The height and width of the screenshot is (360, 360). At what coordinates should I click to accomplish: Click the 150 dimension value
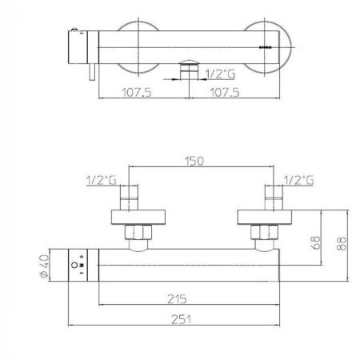pos(194,161)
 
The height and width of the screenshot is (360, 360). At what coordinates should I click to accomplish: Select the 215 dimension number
pos(177,299)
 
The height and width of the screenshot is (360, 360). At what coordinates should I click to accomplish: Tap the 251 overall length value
pos(181,319)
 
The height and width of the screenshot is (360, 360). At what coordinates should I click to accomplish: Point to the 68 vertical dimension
pos(315,242)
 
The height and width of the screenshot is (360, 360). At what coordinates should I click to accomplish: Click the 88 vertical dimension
pos(342,243)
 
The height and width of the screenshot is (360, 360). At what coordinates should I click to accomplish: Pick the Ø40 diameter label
pos(45,266)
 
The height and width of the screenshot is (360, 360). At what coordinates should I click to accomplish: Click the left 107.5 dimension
pos(137,93)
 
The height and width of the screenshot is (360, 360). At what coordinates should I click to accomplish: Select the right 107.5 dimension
pos(225,93)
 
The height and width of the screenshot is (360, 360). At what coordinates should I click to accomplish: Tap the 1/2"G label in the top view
pos(220,74)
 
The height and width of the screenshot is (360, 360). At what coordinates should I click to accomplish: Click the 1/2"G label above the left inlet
pos(102,180)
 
